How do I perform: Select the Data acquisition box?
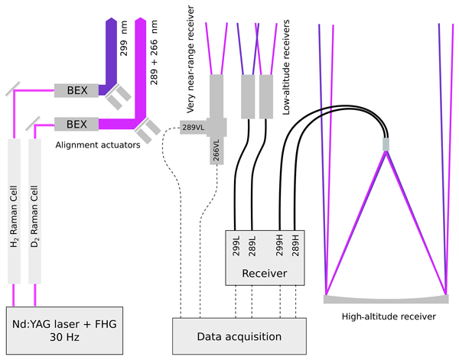click(x=239, y=336)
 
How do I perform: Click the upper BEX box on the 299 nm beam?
click(x=77, y=90)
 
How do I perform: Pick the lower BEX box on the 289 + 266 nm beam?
click(x=77, y=123)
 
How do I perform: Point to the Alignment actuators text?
click(x=98, y=143)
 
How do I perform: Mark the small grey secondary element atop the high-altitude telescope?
click(x=386, y=144)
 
